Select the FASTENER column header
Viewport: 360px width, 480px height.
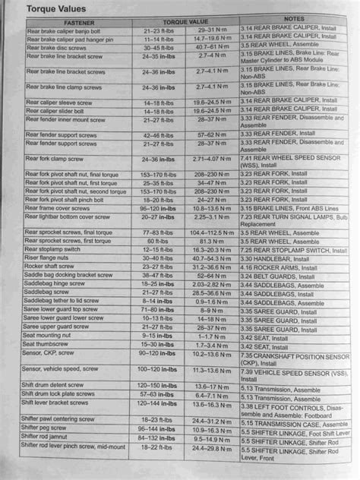point(75,23)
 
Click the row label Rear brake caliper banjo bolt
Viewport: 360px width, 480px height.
point(64,31)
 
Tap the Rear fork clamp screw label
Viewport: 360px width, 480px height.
point(55,160)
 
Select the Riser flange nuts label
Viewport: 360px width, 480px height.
point(47,257)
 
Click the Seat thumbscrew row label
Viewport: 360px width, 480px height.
point(49,344)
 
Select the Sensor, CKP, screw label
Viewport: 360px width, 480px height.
point(52,353)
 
